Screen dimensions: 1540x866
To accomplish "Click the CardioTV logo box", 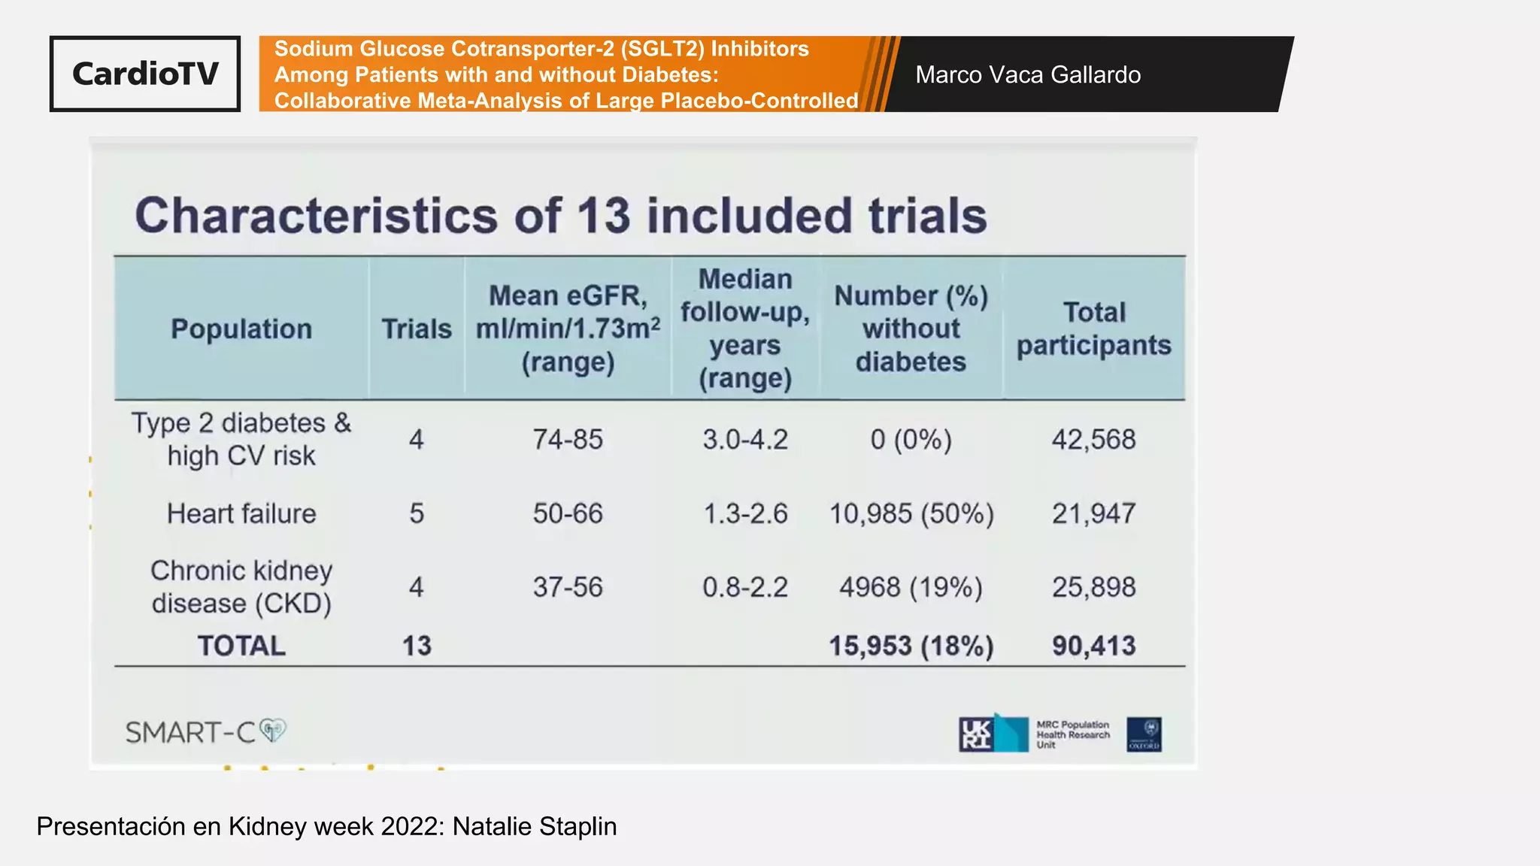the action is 145,74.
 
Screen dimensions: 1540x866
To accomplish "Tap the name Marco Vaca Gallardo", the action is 1028,74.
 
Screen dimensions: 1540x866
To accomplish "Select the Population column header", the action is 241,329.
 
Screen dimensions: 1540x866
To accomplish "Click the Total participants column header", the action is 1094,329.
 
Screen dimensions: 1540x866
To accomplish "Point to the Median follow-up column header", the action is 745,329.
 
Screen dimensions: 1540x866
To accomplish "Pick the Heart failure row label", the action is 241,513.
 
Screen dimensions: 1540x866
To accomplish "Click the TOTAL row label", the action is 241,646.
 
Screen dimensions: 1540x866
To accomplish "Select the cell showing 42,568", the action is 1093,439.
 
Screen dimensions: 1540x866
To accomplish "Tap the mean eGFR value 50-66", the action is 568,513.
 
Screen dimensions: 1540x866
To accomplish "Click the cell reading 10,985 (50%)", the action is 911,513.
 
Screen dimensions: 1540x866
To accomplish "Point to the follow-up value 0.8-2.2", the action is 745,587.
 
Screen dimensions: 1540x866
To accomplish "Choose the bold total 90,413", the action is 1093,646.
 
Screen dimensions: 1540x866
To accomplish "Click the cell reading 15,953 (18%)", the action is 911,646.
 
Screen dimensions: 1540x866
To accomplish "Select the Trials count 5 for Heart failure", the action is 417,513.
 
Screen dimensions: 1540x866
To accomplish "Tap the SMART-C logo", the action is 205,731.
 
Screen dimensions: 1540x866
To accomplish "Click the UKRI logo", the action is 993,734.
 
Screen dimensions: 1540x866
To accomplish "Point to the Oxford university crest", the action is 1144,734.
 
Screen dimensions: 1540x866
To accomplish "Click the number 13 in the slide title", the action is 603,216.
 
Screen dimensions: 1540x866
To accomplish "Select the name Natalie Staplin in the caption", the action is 535,826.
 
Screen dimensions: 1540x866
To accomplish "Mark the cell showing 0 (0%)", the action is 911,439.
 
